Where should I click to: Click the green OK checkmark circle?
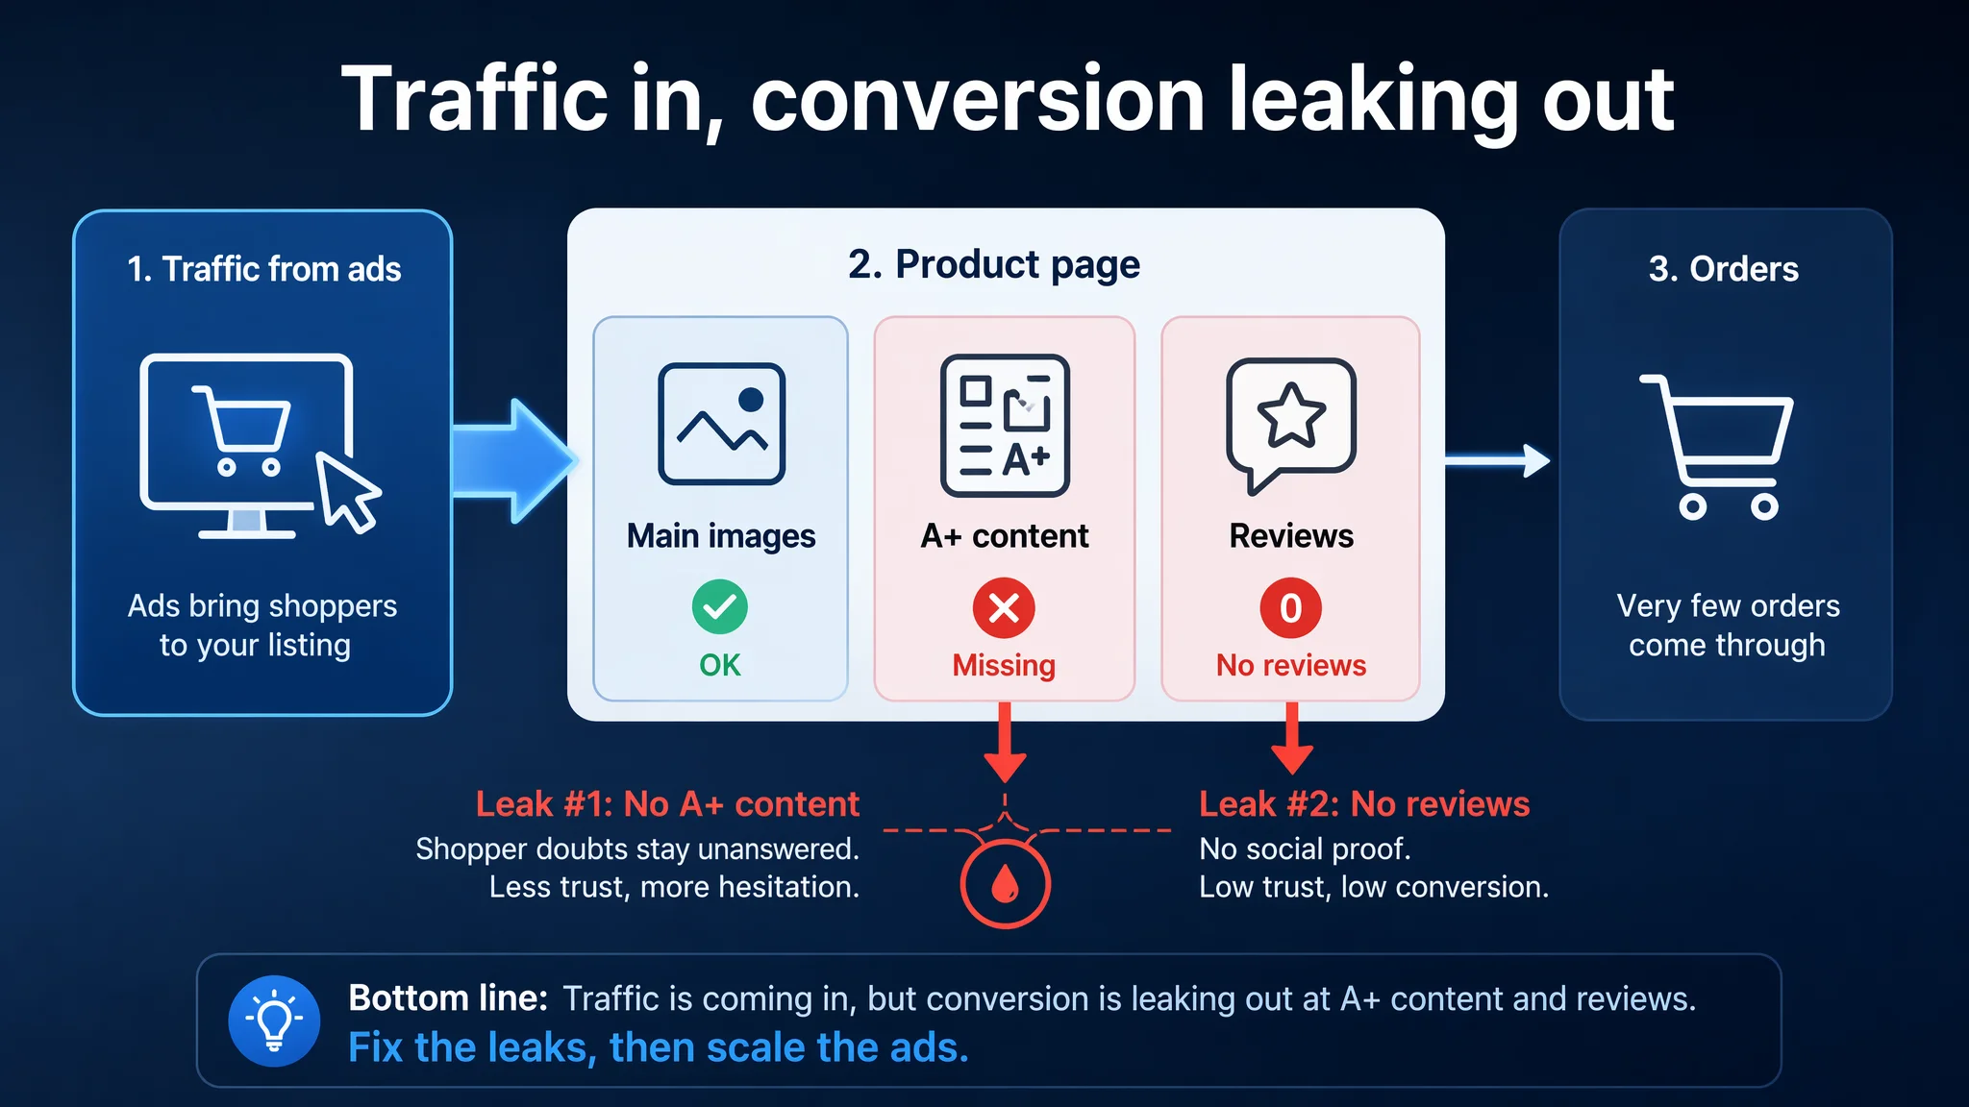(719, 606)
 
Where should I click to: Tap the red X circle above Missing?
(1004, 607)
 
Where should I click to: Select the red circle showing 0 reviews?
(1291, 607)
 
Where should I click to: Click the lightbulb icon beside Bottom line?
(274, 1021)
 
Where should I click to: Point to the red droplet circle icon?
(1005, 884)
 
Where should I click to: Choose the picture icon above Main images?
(721, 424)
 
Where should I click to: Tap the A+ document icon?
(1005, 425)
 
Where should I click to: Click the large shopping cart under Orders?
(1717, 447)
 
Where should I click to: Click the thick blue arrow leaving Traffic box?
(514, 461)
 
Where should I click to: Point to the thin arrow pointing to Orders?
(1498, 461)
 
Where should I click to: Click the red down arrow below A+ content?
(1005, 742)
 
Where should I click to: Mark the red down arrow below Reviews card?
(1292, 738)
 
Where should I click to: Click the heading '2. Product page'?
(994, 264)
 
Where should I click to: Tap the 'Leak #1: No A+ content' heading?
(667, 803)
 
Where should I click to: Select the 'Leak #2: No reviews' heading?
(1364, 803)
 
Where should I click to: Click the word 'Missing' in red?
(1004, 665)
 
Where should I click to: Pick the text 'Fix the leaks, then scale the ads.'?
(659, 1047)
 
